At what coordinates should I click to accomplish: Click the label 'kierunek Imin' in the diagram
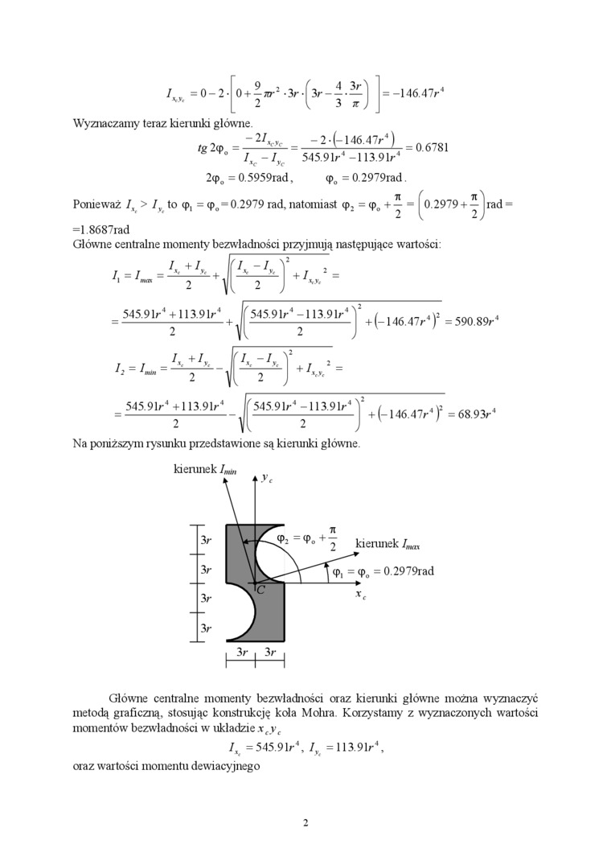coord(205,468)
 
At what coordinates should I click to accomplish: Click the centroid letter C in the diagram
coord(260,591)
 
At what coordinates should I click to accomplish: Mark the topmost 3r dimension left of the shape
coord(206,541)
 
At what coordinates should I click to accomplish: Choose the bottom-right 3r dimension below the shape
coord(270,653)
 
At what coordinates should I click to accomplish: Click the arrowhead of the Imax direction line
coord(348,553)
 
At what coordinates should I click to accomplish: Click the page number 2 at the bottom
coord(305,822)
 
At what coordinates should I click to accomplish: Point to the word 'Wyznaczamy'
coord(105,124)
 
